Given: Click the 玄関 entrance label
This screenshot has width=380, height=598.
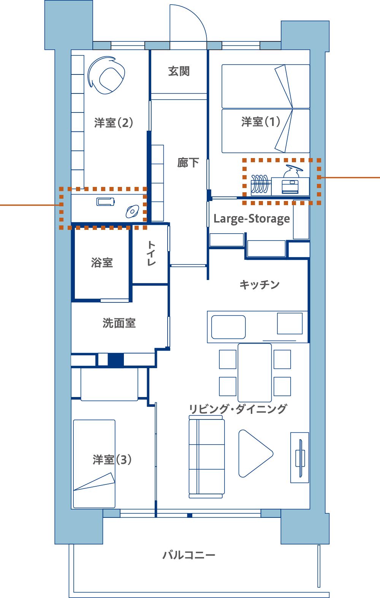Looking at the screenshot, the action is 179,71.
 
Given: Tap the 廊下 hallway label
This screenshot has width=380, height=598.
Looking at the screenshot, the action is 188,162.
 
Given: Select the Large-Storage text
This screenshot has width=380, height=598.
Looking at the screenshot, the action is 252,219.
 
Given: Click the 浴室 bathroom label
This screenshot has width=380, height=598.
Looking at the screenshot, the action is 102,263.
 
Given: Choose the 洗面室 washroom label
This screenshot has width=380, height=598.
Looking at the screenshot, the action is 119,323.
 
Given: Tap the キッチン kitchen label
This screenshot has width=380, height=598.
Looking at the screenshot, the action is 259,285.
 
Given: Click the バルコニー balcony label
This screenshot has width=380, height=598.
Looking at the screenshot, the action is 189,555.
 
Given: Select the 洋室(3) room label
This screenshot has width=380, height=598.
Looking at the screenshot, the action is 112,460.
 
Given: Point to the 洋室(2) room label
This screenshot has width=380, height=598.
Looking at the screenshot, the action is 114,123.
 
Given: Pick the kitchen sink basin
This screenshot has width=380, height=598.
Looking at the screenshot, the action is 228,327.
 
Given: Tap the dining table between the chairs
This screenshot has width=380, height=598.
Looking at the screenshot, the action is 255,373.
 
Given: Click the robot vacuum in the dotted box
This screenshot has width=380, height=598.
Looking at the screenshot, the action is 133,211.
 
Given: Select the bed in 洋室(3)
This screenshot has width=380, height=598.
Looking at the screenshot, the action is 94,464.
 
